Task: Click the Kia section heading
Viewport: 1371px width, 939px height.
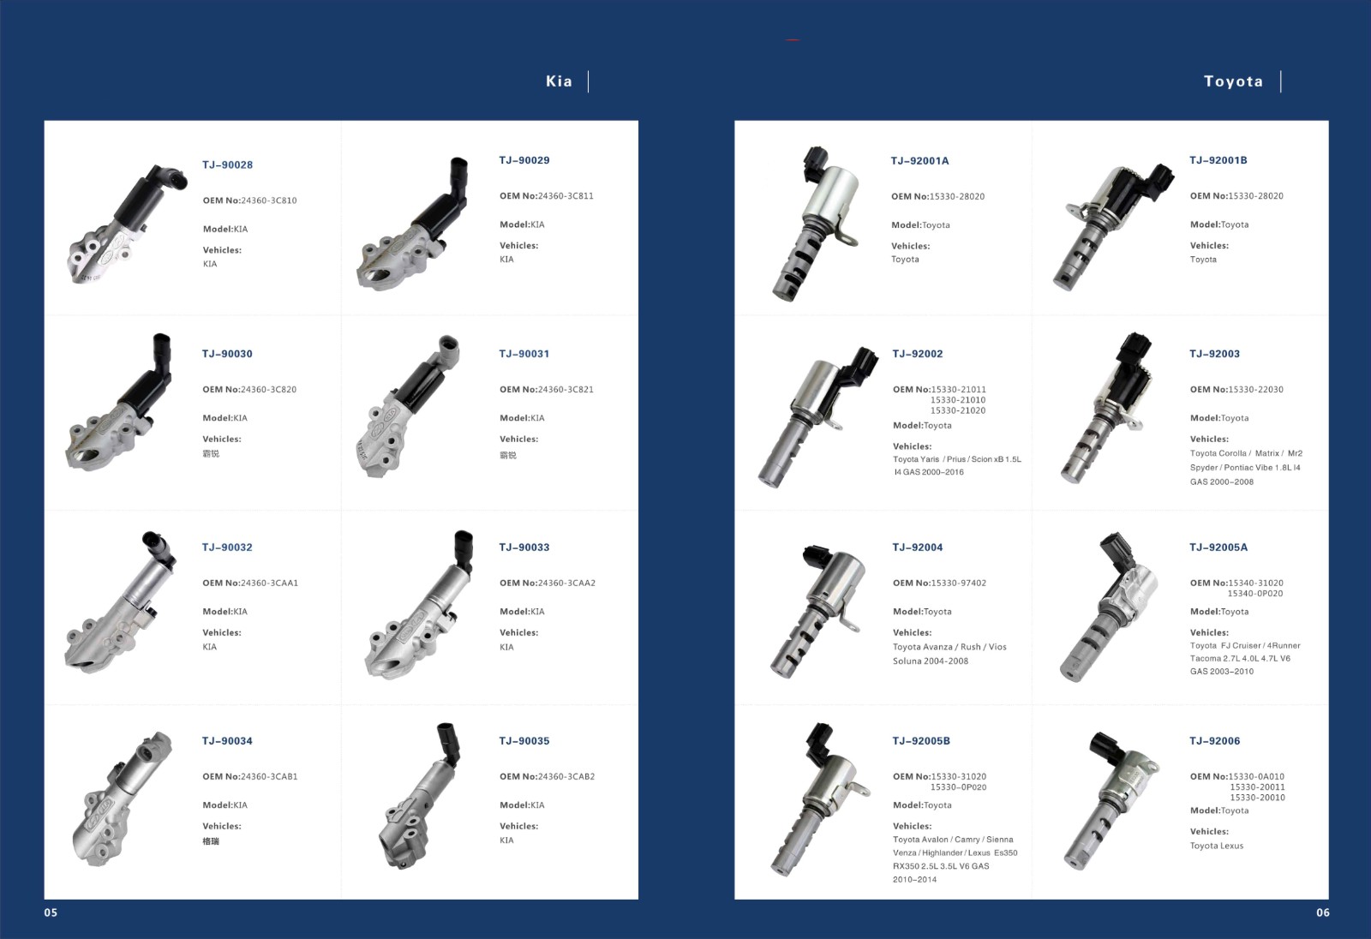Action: (559, 81)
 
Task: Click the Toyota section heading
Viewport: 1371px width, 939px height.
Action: (1233, 81)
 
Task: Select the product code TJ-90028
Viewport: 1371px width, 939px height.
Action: (227, 164)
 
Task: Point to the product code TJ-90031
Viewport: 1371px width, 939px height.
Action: (524, 354)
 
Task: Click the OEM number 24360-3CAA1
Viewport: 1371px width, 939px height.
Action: (269, 583)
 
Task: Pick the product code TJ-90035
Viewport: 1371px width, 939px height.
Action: (524, 741)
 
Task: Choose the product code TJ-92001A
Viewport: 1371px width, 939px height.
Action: (919, 161)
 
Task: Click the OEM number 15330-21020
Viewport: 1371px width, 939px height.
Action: (958, 410)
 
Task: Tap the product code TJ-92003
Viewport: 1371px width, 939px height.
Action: (1214, 354)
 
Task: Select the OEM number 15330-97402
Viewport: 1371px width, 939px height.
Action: (959, 583)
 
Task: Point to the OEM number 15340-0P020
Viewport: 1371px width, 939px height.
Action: (1255, 593)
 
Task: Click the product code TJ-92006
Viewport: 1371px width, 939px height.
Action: (1214, 741)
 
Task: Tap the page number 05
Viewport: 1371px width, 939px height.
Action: (51, 912)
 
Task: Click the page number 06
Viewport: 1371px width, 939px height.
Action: (1323, 912)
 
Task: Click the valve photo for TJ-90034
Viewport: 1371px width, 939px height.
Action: (123, 798)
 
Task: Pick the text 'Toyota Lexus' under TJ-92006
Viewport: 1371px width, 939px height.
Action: (1216, 846)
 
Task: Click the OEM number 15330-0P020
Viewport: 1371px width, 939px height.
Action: (959, 787)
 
